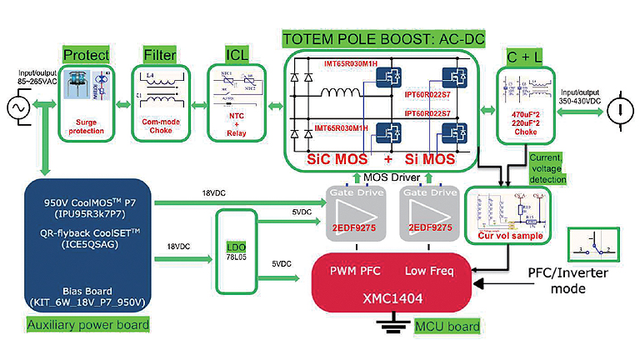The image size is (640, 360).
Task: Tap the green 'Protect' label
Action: [87, 56]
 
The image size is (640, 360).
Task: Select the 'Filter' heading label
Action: [160, 56]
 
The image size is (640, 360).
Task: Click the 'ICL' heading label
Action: [237, 56]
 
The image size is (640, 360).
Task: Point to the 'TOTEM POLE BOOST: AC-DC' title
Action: [382, 39]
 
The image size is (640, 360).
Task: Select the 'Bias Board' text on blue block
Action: [87, 291]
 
